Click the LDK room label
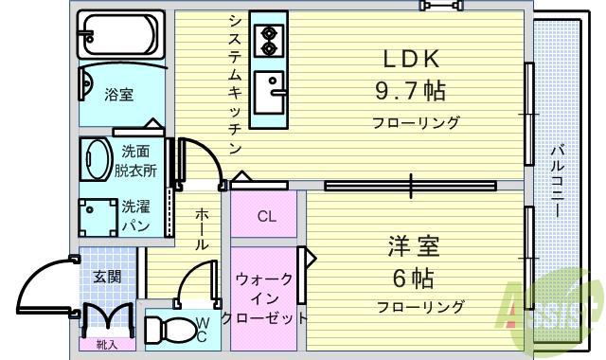coord(411,59)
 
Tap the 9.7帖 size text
coord(411,91)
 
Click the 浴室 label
coord(118,95)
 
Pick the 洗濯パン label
coord(134,215)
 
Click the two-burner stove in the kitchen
coord(268,38)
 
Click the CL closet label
coord(267,217)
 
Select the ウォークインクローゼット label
coord(264,298)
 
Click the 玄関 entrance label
coord(106,277)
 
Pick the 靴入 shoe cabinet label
coord(106,346)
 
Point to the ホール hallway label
coord(202,230)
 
